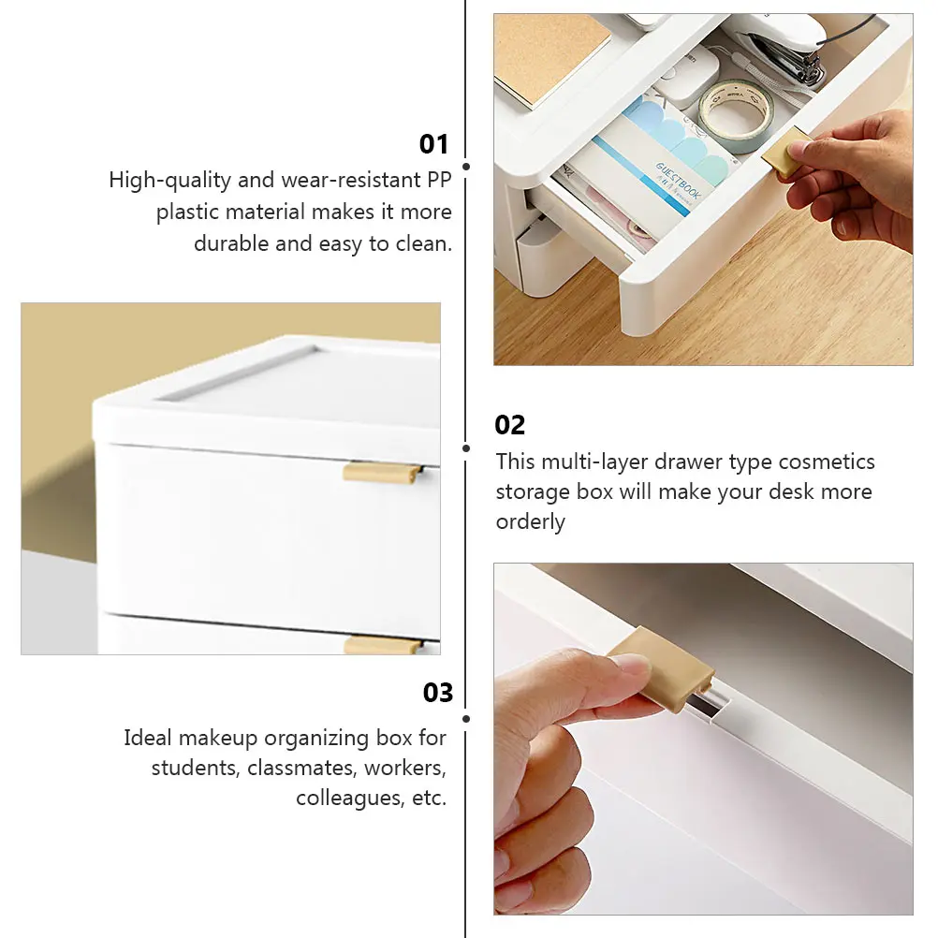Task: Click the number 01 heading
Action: pos(433,144)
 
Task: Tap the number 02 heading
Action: pos(510,425)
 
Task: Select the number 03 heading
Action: pos(437,693)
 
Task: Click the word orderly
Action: pos(530,522)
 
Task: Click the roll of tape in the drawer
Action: pos(736,114)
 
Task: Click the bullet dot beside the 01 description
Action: pos(466,167)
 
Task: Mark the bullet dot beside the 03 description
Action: pos(466,719)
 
